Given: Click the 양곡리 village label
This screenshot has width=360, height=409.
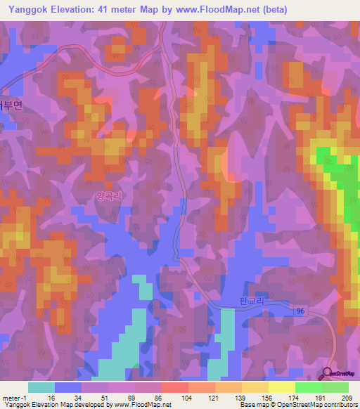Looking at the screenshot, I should click(108, 198).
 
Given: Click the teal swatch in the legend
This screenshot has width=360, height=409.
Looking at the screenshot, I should click(41, 387).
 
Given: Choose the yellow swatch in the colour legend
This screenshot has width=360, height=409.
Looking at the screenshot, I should click(281, 387).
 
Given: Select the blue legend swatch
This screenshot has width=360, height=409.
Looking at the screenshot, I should click(67, 387).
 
